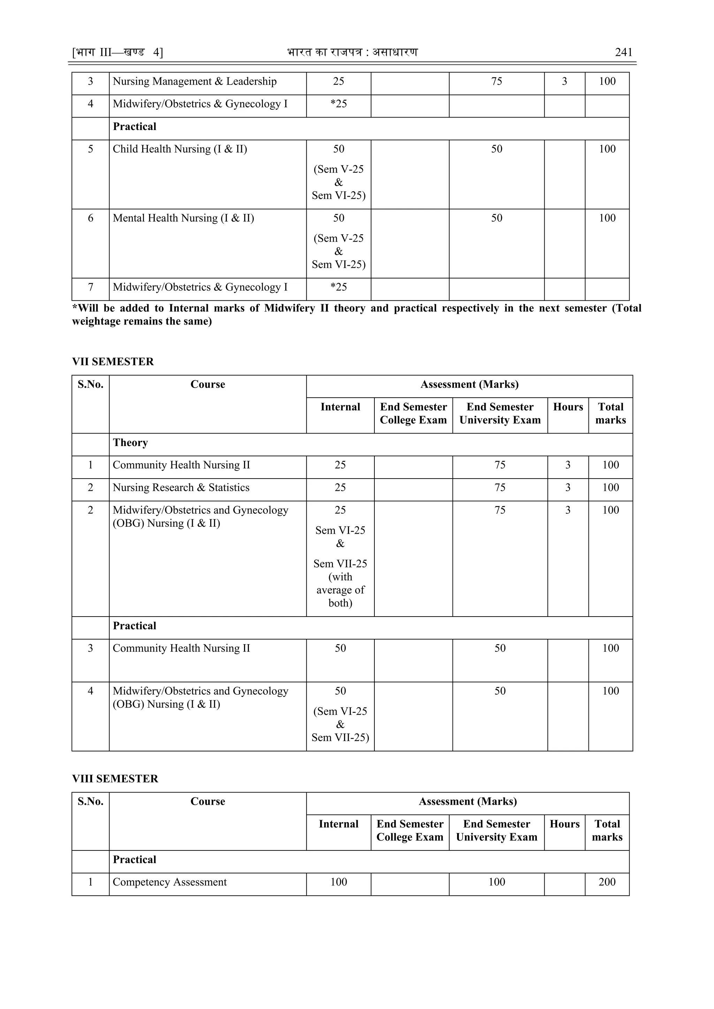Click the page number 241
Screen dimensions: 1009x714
pos(623,52)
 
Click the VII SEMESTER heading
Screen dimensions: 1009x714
pos(113,362)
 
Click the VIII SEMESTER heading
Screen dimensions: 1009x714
pos(115,779)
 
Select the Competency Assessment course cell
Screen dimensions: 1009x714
pos(170,882)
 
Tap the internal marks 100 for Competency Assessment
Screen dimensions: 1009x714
pos(339,882)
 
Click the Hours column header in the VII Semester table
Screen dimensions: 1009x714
pos(568,407)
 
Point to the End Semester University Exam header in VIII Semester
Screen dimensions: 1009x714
pos(496,831)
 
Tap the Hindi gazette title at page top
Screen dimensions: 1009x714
pos(352,52)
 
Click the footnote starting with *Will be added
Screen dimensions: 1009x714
pos(356,315)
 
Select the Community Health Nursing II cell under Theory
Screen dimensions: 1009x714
pos(181,465)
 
